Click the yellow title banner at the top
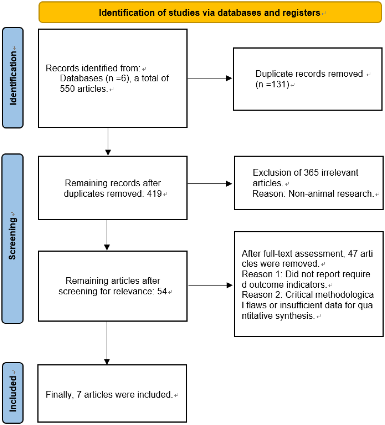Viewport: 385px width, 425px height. point(210,12)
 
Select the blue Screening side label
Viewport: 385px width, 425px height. point(13,238)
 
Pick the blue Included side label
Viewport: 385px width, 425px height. point(13,393)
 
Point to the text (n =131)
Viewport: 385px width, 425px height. point(272,84)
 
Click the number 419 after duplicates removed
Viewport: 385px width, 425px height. point(154,193)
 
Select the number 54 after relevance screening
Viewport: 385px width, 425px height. point(162,291)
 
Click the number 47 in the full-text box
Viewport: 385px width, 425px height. point(353,254)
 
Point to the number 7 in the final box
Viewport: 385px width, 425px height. point(79,394)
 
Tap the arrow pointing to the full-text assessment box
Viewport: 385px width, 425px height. point(210,285)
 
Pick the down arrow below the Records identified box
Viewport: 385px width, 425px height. point(108,141)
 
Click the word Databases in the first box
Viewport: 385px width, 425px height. point(81,78)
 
